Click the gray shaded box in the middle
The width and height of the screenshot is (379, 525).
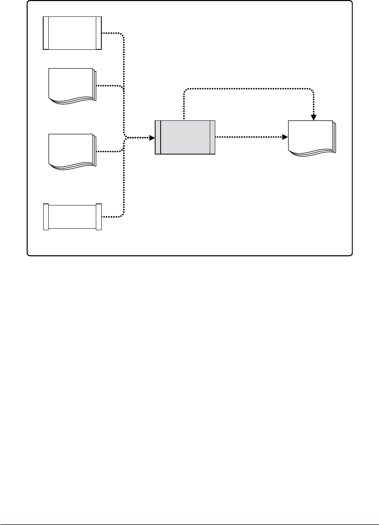coord(185,137)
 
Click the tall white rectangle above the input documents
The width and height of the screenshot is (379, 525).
coord(72,33)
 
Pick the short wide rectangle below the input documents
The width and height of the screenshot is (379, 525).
coord(72,217)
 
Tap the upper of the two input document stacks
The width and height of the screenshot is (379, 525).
coord(71,85)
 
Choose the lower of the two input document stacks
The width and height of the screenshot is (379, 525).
coord(71,151)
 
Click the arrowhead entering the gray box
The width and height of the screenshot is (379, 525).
coord(152,138)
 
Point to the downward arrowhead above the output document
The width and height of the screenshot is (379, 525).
coord(313,117)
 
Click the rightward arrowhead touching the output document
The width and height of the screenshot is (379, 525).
coord(285,137)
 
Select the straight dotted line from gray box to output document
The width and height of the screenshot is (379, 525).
coord(249,137)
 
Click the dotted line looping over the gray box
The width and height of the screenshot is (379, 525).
coord(247,89)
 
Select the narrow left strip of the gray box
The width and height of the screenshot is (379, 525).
coord(158,137)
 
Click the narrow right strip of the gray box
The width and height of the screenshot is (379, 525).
coord(212,137)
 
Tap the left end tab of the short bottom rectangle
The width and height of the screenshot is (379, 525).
coord(46,217)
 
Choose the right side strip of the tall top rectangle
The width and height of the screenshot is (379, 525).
coord(99,33)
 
